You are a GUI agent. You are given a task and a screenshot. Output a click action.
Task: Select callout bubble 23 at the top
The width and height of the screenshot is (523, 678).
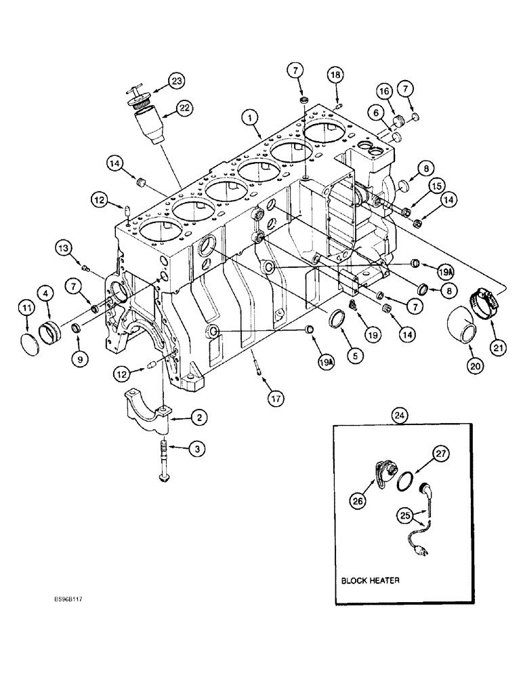(176, 81)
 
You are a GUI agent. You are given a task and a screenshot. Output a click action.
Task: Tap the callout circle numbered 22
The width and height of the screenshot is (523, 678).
(184, 107)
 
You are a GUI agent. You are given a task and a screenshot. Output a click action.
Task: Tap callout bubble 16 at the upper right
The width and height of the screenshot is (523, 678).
(383, 91)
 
